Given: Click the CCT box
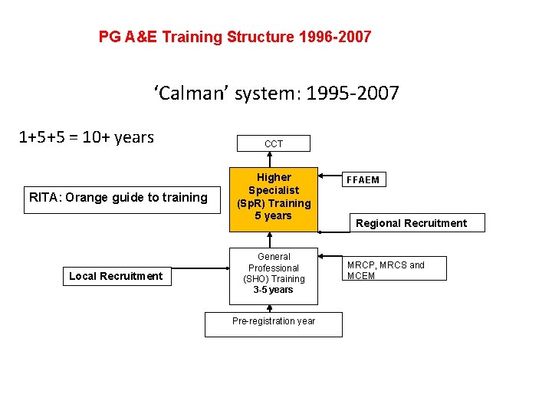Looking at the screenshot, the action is [274, 143].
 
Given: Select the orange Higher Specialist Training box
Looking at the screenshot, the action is [274, 197].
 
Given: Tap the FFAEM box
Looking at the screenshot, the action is [363, 180].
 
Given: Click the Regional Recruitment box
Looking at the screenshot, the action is [410, 223].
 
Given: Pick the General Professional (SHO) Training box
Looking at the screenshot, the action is [274, 274].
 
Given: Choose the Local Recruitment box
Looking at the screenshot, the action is [116, 276].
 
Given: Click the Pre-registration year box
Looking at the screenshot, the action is [274, 322].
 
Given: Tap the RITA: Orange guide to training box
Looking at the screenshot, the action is [118, 198].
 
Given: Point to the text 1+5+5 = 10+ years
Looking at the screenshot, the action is [86, 137].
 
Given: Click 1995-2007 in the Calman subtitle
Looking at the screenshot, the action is [352, 94].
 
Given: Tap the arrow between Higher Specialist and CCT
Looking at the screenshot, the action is [274, 159].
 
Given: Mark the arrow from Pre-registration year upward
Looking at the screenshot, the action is [274, 307].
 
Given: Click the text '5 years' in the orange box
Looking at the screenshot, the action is [274, 216].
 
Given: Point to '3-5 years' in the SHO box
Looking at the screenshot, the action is [274, 290].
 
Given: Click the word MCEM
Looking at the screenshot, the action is [361, 276].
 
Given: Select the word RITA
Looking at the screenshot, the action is [44, 198].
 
